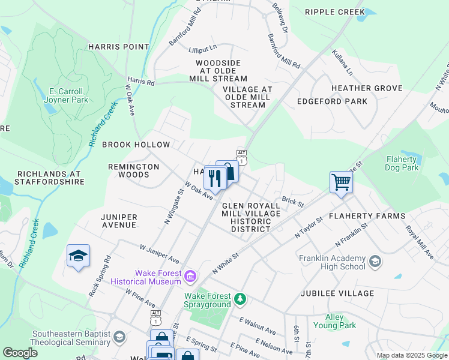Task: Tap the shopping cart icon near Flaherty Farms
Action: pyautogui.click(x=340, y=182)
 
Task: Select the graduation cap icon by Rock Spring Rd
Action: pyautogui.click(x=78, y=256)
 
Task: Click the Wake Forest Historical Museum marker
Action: pyautogui.click(x=190, y=277)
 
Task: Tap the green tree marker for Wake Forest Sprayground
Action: pyautogui.click(x=240, y=299)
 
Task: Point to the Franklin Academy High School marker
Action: pyautogui.click(x=375, y=262)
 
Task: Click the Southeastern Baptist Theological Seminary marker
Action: pyautogui.click(x=119, y=338)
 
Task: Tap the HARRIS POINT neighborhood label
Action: pyautogui.click(x=118, y=46)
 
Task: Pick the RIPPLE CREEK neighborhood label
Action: pyautogui.click(x=334, y=12)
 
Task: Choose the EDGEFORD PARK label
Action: pyautogui.click(x=332, y=101)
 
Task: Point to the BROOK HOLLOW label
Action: pyautogui.click(x=136, y=145)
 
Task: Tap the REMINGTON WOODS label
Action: pyautogui.click(x=133, y=170)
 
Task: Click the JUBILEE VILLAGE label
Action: pyautogui.click(x=340, y=293)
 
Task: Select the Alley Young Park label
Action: pyautogui.click(x=334, y=321)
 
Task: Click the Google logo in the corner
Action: pyautogui.click(x=21, y=353)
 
